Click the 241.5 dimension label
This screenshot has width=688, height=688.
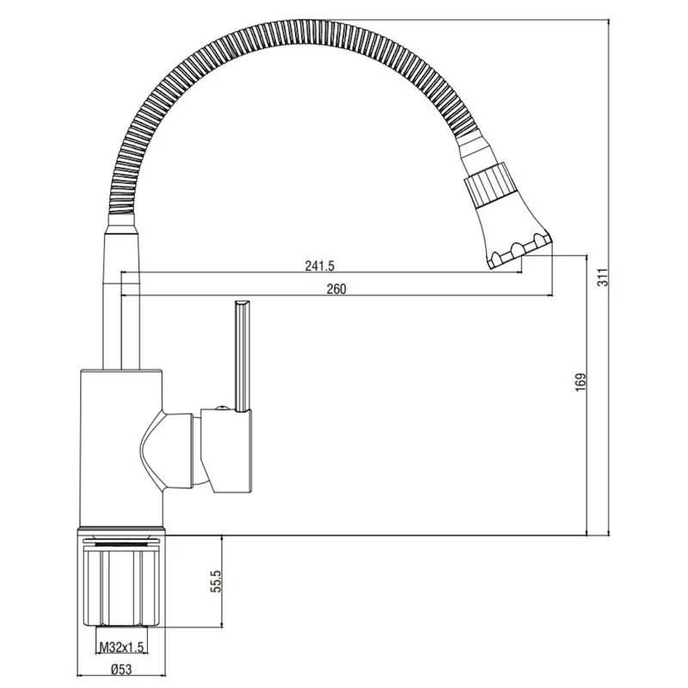click(319, 266)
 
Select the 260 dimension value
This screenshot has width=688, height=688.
click(336, 289)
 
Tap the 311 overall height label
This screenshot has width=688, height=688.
click(605, 277)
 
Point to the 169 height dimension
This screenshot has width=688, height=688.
click(581, 383)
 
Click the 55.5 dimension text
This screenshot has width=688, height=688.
click(217, 581)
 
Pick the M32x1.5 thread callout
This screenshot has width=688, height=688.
click(121, 648)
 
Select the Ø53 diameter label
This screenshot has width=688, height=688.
click(121, 670)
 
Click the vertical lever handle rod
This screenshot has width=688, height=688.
click(243, 356)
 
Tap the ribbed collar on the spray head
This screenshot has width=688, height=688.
click(488, 187)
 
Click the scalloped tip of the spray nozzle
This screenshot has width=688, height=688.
click(519, 252)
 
